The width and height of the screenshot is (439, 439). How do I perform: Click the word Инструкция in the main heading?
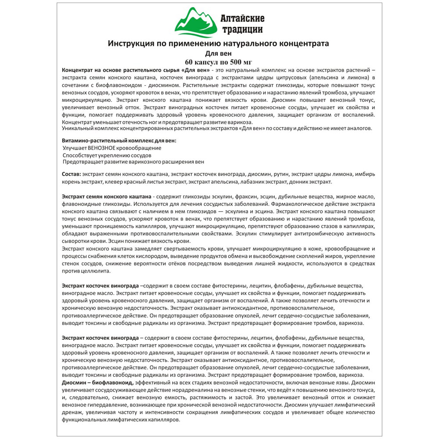pyautogui.click(x=130, y=44)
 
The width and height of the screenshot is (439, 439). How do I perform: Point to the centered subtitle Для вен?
pyautogui.click(x=218, y=54)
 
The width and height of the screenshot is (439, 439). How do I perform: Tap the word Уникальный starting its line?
pyautogui.click(x=78, y=128)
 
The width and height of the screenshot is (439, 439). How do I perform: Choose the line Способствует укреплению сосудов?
pyautogui.click(x=107, y=155)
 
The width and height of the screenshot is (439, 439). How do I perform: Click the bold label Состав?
pyautogui.click(x=72, y=174)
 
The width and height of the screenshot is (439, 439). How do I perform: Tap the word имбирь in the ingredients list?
pyautogui.click(x=365, y=174)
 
